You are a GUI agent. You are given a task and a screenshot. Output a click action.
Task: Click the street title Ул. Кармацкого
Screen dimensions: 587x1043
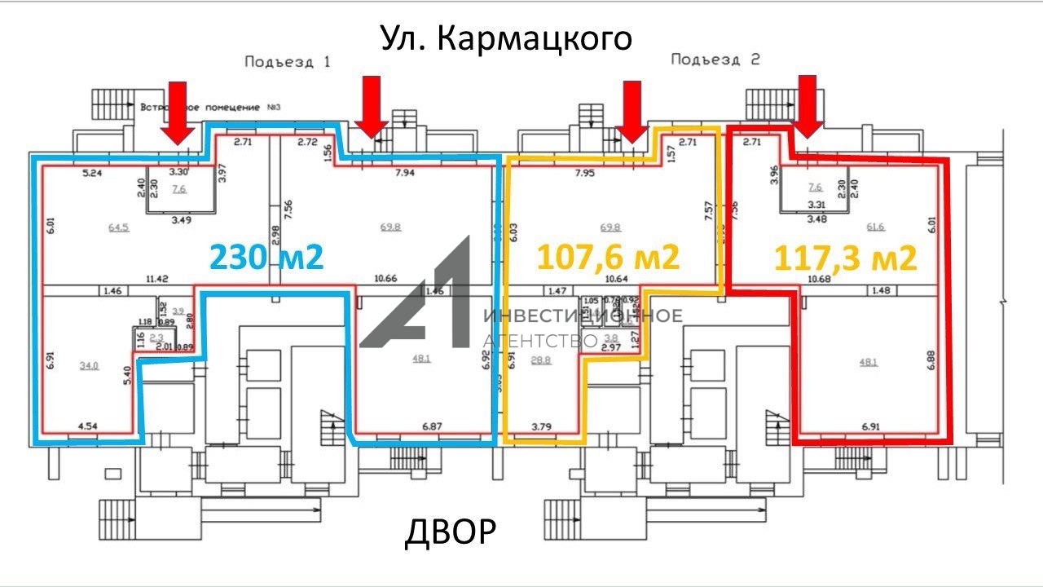tap(506, 38)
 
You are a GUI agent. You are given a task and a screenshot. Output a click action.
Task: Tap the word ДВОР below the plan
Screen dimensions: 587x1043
tap(450, 532)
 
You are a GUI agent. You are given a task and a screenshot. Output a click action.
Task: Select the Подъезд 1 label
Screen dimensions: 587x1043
tap(288, 61)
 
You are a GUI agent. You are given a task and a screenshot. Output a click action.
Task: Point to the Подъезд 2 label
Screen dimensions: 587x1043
tap(715, 60)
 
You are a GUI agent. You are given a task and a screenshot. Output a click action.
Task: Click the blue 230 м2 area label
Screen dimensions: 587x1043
tap(267, 258)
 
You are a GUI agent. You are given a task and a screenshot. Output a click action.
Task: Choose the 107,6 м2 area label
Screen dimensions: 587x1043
tap(607, 258)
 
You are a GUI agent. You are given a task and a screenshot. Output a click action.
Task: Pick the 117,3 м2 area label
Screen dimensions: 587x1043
tap(845, 258)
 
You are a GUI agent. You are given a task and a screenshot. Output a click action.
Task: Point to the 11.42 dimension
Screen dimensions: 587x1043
tap(156, 279)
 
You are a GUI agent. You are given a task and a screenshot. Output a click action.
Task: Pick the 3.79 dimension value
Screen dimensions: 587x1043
tap(542, 426)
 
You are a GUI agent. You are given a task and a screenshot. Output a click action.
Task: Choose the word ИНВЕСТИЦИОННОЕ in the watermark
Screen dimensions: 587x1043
tap(583, 316)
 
